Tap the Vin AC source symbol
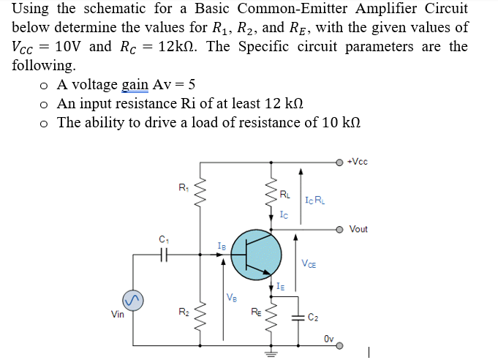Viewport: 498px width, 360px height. (132, 300)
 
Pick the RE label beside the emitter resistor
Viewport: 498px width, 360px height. (255, 313)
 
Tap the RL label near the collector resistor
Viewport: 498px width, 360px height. (285, 195)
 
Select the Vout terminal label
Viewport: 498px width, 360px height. (358, 229)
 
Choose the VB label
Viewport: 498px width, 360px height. (232, 297)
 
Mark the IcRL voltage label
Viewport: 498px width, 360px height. (314, 199)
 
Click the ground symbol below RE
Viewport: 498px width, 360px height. (273, 350)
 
